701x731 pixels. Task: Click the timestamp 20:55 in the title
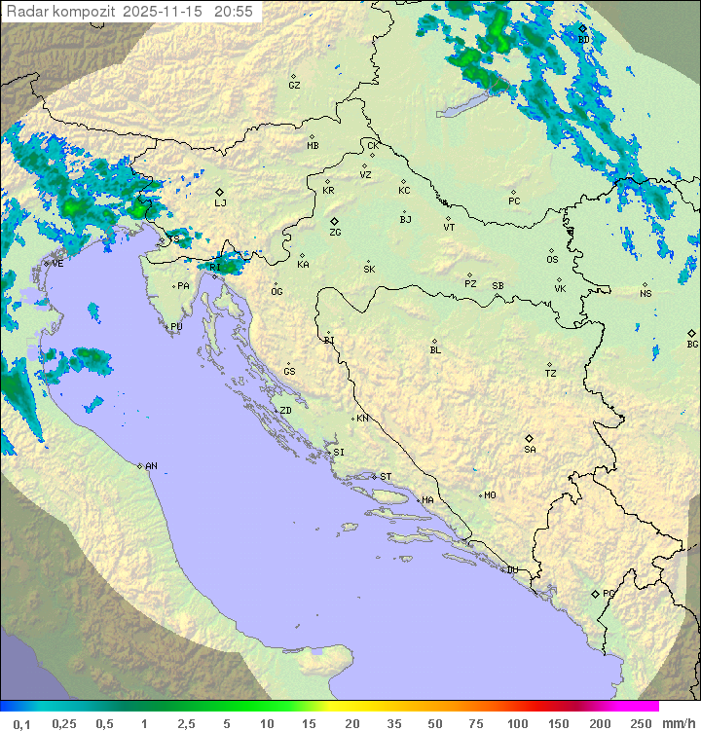tap(235, 12)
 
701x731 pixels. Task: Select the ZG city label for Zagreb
tap(335, 234)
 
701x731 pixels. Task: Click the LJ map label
tap(220, 203)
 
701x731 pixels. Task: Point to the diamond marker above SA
tap(530, 438)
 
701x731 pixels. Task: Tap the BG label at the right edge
tap(692, 345)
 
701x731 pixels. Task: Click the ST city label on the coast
tap(386, 477)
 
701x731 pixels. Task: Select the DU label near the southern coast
tap(511, 570)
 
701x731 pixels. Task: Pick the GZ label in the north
tap(294, 86)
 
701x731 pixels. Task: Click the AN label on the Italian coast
tap(151, 466)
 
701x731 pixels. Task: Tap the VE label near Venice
tap(57, 264)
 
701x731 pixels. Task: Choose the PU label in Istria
tap(176, 327)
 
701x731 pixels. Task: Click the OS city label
tap(552, 260)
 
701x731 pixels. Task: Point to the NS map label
tap(646, 294)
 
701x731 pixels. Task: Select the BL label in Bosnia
tap(435, 350)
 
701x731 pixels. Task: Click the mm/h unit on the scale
tap(675, 723)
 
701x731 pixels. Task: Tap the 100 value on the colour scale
tap(518, 723)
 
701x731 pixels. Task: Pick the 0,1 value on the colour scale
tap(21, 723)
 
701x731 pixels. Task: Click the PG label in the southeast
tap(609, 594)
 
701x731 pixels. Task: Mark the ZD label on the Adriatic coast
tap(285, 411)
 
